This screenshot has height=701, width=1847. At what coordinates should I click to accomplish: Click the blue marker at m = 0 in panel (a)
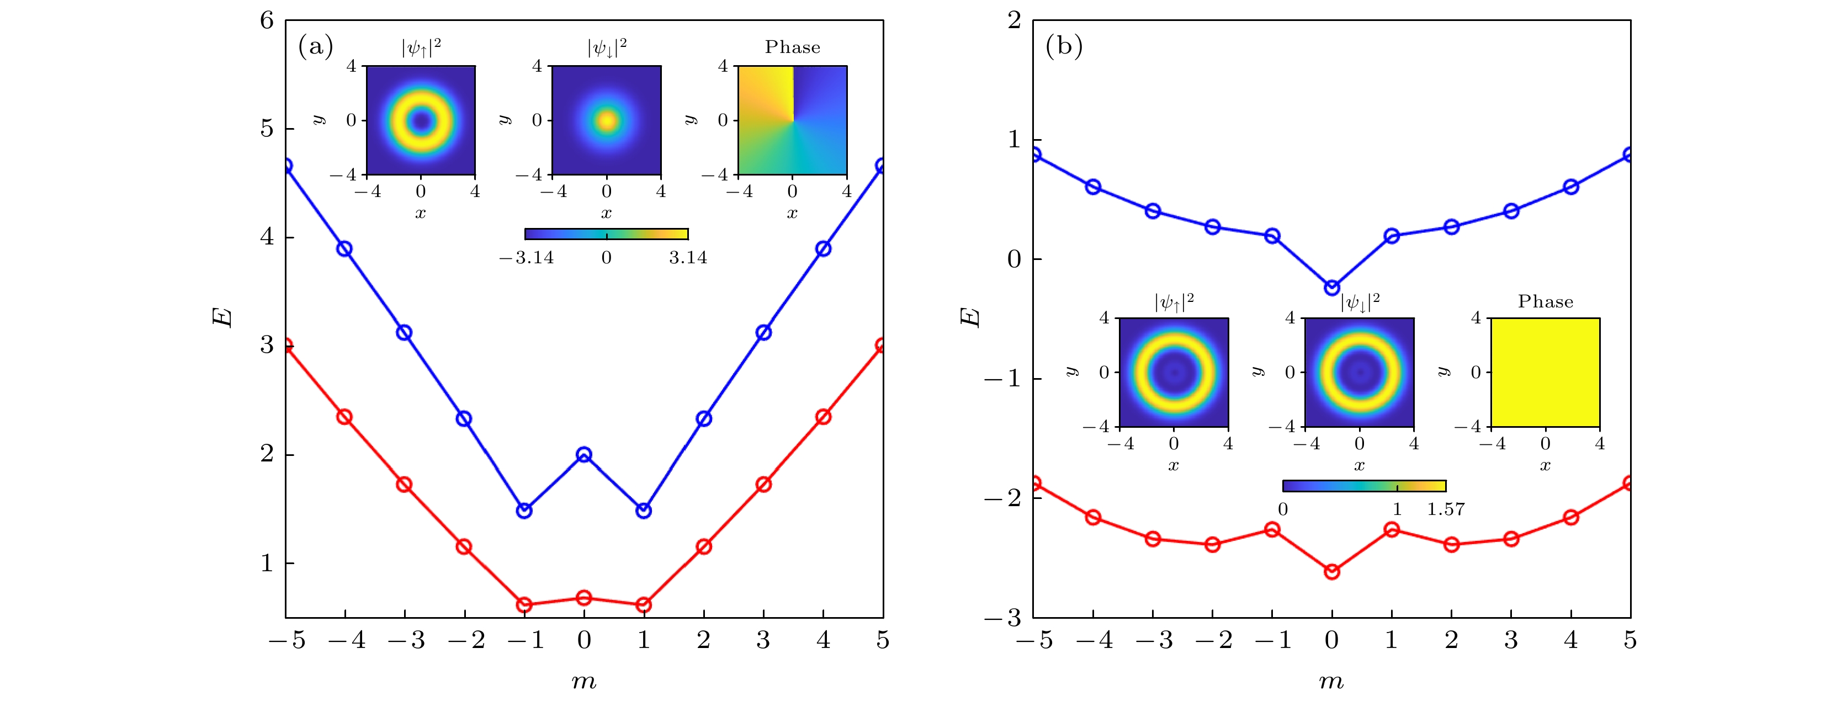[x=583, y=454]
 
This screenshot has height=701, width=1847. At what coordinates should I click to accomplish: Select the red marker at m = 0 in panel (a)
[x=583, y=598]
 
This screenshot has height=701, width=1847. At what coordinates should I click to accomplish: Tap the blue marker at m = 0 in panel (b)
[x=1331, y=288]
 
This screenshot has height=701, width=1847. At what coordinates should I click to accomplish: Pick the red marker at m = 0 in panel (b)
[x=1331, y=571]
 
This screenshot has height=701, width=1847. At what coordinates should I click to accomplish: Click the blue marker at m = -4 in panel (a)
[x=344, y=249]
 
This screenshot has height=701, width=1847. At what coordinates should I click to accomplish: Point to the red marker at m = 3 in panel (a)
[x=763, y=485]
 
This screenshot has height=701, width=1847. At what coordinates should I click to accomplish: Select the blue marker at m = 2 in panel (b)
[x=1451, y=227]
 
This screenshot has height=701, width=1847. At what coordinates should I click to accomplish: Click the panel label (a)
[x=316, y=46]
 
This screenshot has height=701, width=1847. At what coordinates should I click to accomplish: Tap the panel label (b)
[x=1063, y=46]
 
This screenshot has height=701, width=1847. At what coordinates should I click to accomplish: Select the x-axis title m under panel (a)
[x=583, y=681]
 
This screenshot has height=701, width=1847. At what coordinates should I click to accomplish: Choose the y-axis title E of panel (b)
[x=969, y=317]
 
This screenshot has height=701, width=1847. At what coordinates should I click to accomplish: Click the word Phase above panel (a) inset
[x=792, y=47]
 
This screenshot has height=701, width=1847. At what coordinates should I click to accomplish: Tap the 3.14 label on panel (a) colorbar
[x=688, y=258]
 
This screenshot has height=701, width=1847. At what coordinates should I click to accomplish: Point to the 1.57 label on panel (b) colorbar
[x=1446, y=509]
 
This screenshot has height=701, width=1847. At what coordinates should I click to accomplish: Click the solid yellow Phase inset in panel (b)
[x=1545, y=372]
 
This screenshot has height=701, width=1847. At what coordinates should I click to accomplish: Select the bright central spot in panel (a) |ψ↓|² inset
[x=607, y=120]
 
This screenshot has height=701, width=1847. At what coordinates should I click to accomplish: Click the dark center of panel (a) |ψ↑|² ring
[x=421, y=120]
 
